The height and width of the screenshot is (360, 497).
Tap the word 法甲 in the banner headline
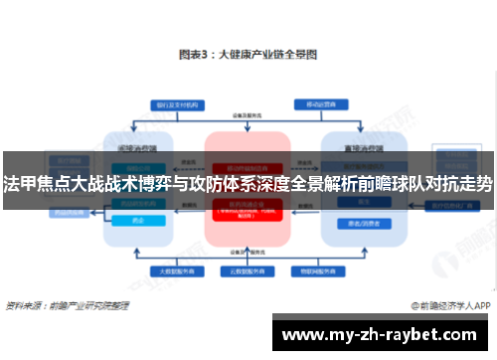[19, 185]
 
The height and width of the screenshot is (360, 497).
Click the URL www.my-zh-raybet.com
[384, 332]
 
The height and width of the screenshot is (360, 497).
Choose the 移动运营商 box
[318, 103]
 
